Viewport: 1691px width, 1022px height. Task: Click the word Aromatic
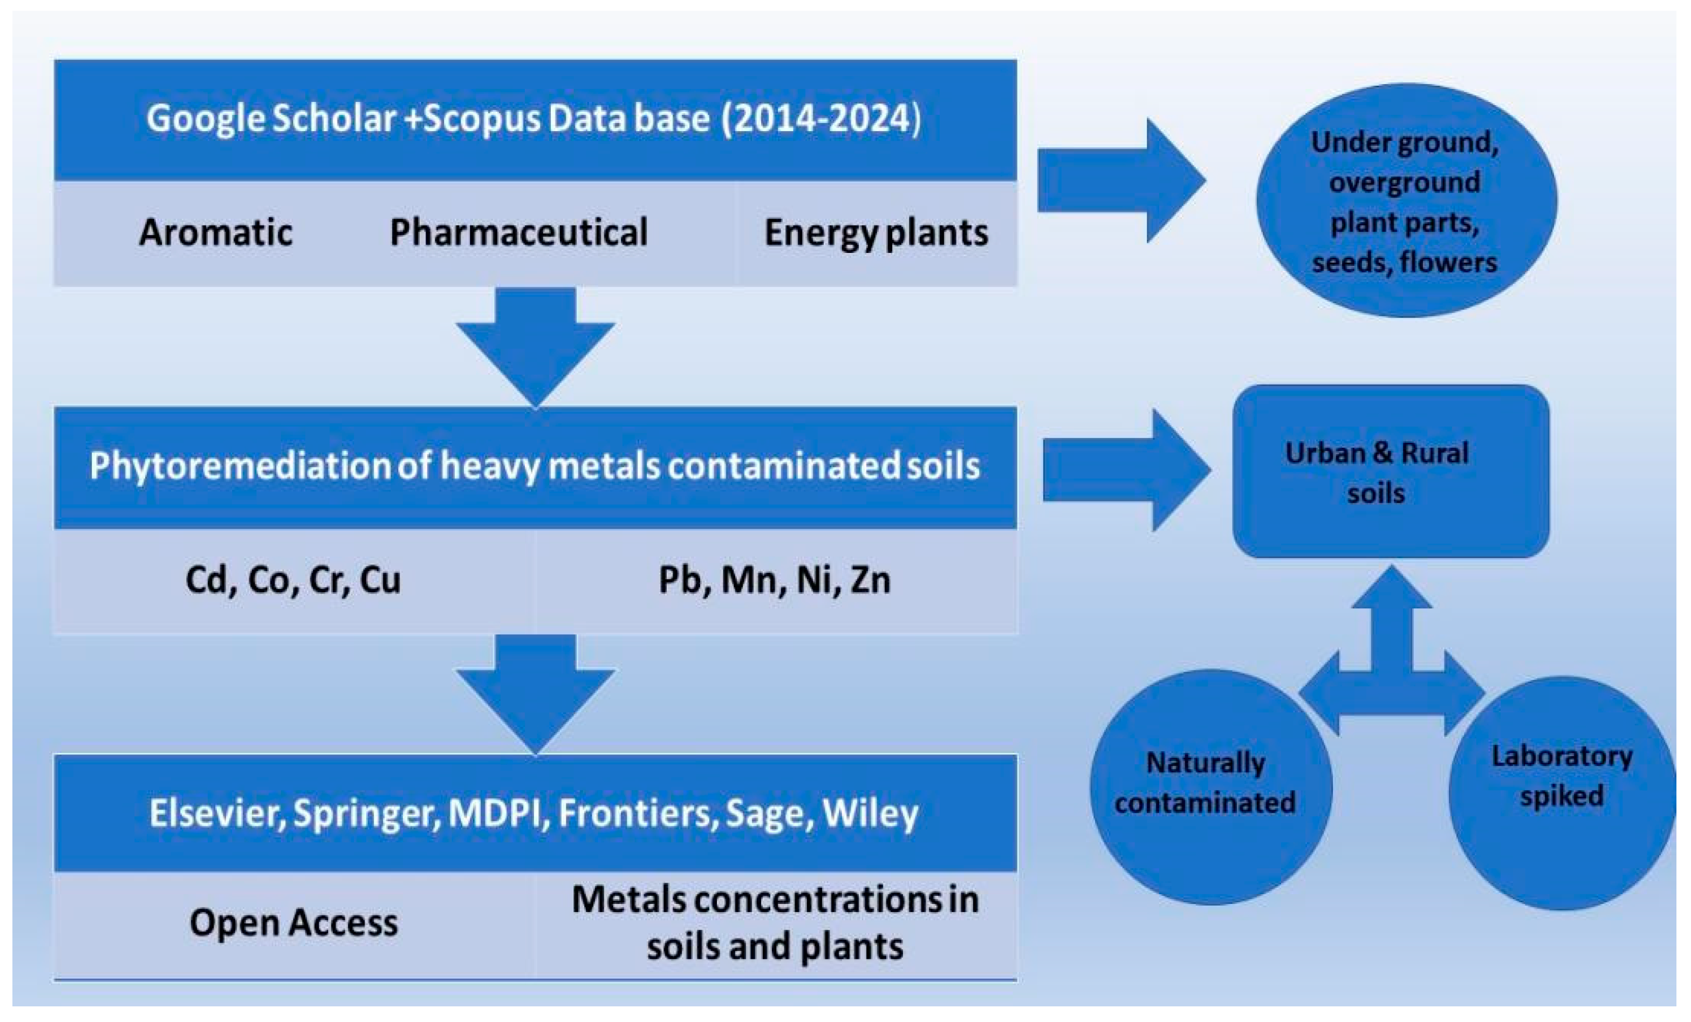(216, 232)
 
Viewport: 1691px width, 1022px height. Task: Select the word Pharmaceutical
(518, 232)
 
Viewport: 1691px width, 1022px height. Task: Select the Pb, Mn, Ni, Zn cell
(774, 580)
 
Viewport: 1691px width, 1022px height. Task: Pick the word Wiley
(870, 813)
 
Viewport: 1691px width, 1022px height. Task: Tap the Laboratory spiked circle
(1562, 793)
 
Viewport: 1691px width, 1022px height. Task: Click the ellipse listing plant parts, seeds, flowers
(1406, 201)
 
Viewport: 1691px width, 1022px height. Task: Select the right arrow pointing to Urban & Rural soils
(1126, 470)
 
